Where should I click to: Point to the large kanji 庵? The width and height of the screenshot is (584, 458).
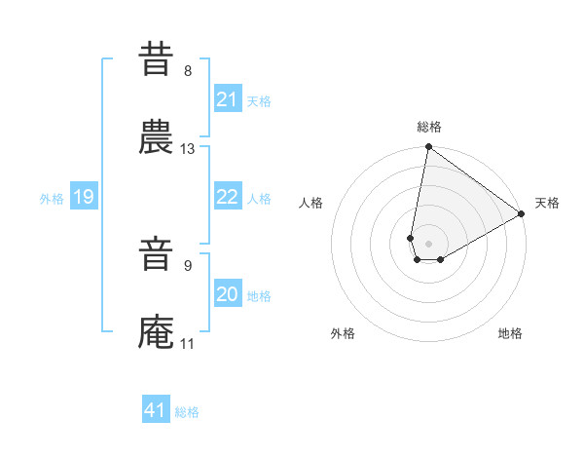[157, 332]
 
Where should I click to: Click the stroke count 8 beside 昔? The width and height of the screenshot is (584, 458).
[188, 71]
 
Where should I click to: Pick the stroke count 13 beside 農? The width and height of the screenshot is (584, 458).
[188, 149]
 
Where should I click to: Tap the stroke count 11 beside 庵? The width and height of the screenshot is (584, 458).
[188, 343]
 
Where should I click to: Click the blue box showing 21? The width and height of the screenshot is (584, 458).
[227, 99]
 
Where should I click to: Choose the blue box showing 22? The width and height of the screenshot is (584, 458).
[227, 197]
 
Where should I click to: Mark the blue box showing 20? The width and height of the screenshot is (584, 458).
[227, 294]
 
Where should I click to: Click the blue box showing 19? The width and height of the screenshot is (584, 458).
[84, 197]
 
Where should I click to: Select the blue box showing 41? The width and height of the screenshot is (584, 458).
[156, 410]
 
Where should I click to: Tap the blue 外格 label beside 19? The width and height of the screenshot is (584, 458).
[52, 199]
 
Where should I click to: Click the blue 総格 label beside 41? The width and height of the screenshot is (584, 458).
[187, 412]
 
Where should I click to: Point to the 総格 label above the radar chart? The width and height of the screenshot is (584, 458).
[429, 127]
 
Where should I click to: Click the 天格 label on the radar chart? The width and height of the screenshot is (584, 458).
[547, 204]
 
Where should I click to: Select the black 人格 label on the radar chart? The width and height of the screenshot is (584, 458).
[311, 204]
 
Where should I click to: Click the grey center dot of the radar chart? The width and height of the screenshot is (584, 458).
[429, 244]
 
